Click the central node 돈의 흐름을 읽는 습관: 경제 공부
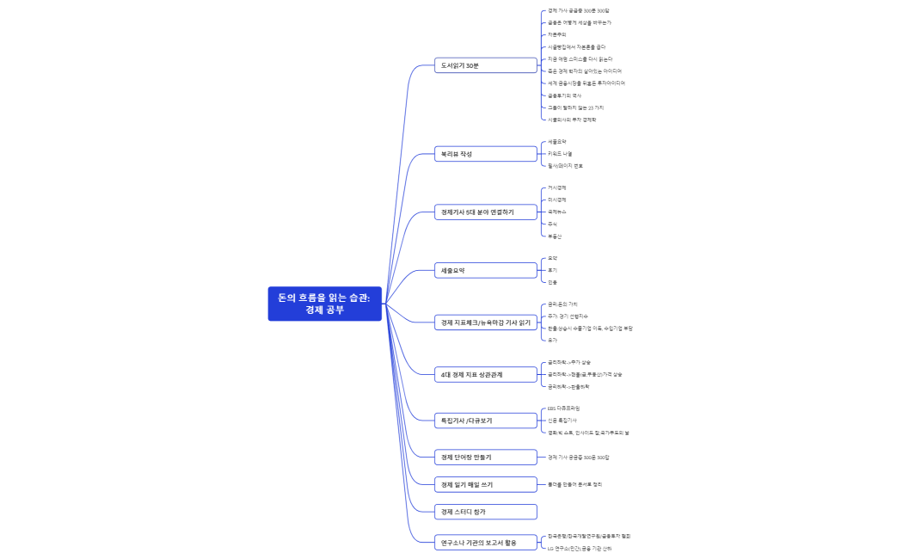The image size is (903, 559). (x=324, y=304)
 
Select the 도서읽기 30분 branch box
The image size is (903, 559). (x=486, y=65)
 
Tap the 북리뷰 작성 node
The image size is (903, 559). (x=486, y=154)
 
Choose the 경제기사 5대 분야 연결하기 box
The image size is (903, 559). (x=486, y=212)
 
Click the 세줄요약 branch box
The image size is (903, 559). (x=486, y=270)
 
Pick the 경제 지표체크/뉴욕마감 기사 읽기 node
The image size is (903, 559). (x=486, y=322)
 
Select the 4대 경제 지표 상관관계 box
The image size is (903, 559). (x=486, y=375)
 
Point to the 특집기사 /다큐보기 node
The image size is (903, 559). (x=486, y=421)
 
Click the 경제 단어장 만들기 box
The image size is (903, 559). (x=486, y=457)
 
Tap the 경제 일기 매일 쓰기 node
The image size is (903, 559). (x=486, y=484)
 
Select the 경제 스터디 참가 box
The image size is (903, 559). (x=486, y=512)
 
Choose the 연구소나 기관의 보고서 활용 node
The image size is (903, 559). (x=486, y=543)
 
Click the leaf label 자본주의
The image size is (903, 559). (x=557, y=34)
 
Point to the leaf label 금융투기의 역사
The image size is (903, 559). (x=565, y=95)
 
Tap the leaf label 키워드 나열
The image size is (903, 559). (x=560, y=153)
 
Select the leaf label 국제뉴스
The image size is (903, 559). (x=557, y=212)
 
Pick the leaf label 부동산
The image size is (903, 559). (x=555, y=236)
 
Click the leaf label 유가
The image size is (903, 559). (x=552, y=340)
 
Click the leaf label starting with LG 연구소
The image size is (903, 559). (x=580, y=548)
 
